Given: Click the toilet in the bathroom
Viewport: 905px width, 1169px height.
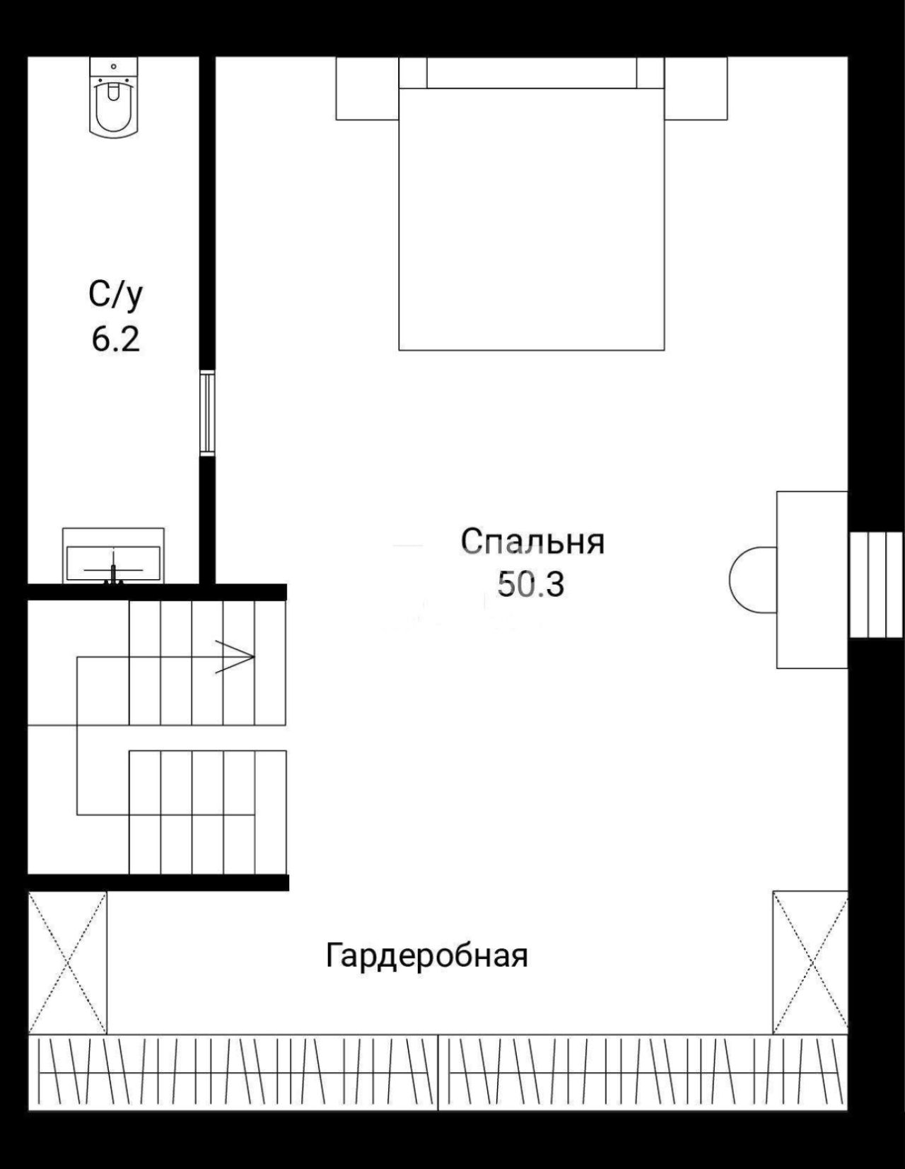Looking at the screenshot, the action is [x=113, y=98].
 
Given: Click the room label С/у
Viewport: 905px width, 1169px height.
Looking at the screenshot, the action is [x=116, y=296].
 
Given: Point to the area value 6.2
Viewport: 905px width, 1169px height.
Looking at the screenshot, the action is [x=116, y=339].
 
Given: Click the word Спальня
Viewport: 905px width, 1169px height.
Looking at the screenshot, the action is [x=532, y=542].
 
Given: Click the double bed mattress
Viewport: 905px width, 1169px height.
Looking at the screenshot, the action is [x=531, y=219].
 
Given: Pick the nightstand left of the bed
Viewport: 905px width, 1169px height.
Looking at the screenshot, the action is [x=367, y=88].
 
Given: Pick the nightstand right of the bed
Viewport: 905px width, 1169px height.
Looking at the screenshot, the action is [x=696, y=88].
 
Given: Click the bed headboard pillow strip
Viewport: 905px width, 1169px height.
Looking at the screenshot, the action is [x=531, y=72].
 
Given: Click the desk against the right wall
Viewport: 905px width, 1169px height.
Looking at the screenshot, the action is [x=812, y=580].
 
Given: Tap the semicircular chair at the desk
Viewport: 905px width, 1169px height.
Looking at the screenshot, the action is [x=753, y=580].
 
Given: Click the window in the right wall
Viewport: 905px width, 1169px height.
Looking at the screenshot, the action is [x=875, y=585].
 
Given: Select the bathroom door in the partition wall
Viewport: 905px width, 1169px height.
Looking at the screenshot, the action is [x=207, y=413].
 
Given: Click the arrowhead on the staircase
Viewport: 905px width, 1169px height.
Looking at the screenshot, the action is [x=235, y=657].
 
